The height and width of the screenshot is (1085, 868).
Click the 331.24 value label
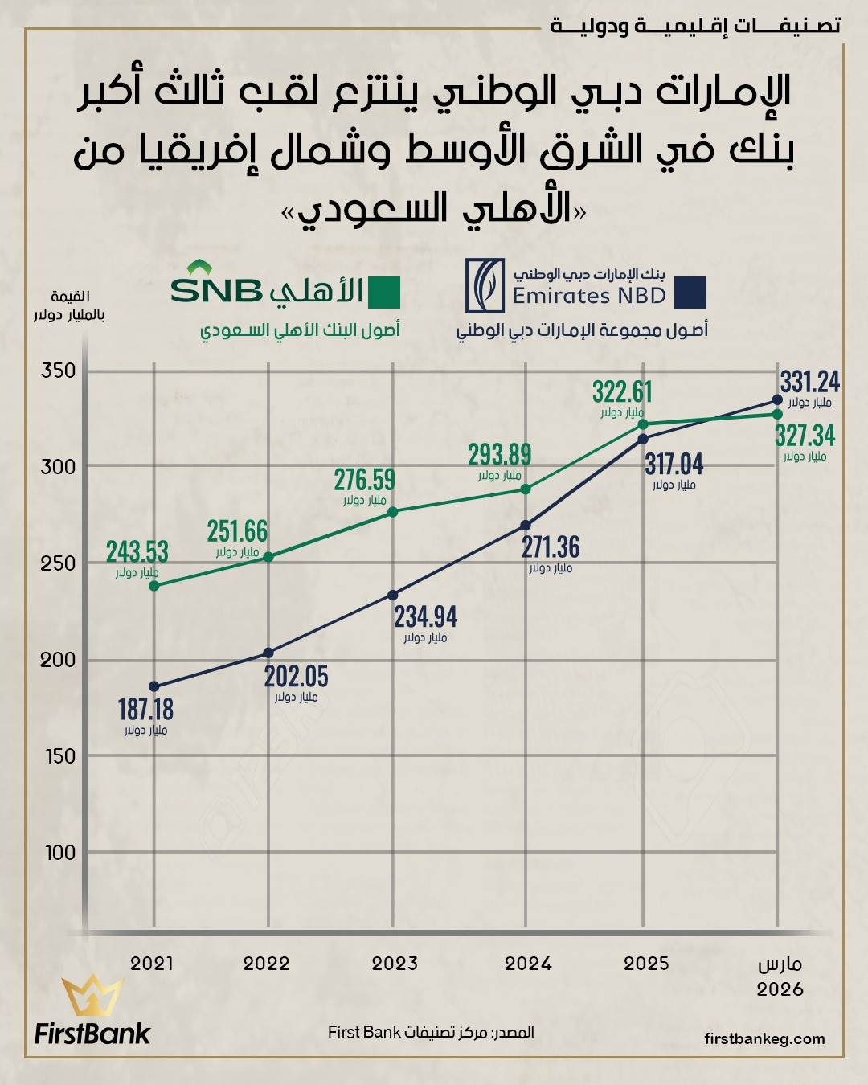point(809,382)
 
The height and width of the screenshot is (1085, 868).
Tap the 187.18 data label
point(145,710)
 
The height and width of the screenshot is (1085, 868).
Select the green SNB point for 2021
point(154,586)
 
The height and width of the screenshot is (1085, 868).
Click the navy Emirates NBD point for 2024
point(526,526)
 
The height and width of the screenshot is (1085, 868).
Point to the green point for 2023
point(393,512)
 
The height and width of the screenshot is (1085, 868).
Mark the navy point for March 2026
point(777,399)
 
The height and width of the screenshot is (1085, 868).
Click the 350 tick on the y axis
point(59,371)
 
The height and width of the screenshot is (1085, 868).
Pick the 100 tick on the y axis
point(59,853)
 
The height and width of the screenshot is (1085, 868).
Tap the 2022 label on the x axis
point(266,964)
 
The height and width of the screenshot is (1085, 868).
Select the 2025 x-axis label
point(646,964)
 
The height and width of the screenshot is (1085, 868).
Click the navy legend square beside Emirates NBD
point(690,293)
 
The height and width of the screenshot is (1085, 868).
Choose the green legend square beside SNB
point(384,293)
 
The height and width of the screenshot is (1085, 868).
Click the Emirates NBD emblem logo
point(485,286)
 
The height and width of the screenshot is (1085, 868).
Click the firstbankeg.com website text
point(764,1038)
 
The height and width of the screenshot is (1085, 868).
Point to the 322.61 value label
point(623,392)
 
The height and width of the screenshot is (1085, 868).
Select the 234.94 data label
point(425,617)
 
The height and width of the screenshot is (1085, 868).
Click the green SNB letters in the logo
point(216,290)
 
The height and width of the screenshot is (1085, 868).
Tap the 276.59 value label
point(365,480)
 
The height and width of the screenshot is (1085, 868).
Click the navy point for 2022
point(268,653)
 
